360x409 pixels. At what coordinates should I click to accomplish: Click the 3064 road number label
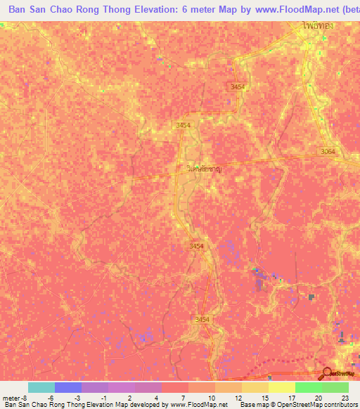tap(328, 152)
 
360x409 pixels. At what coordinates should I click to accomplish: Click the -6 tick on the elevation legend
tap(51, 397)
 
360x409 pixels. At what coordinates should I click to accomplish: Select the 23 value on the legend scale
tap(345, 397)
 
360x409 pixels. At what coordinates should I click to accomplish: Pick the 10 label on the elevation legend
tap(210, 397)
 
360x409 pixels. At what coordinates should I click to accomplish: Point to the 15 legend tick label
tap(264, 397)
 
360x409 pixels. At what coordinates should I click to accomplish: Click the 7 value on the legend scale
tap(184, 397)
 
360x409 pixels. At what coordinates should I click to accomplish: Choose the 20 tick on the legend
tap(319, 397)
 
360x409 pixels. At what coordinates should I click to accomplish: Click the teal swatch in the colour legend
tap(41, 387)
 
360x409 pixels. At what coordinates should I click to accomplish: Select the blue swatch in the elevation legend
tap(68, 387)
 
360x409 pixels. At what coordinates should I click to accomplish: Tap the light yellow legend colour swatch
tap(282, 387)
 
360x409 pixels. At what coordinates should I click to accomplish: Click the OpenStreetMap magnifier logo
tap(327, 372)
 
